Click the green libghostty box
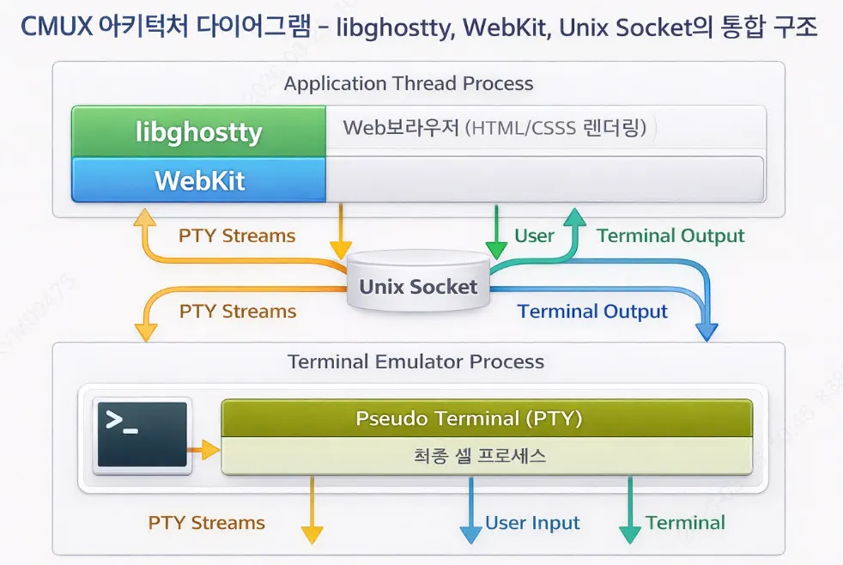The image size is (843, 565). (198, 131)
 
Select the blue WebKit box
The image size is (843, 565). (198, 180)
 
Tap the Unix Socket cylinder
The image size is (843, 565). (418, 284)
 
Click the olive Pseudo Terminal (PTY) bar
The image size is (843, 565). (487, 418)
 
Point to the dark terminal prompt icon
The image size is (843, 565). (142, 434)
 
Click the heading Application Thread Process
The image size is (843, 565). (409, 83)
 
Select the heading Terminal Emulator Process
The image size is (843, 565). (415, 361)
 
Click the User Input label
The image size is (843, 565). (532, 523)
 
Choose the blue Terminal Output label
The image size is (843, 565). (592, 311)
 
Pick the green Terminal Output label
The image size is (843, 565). (670, 235)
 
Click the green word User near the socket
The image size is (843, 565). (534, 235)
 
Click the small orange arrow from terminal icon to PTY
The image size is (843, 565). (204, 448)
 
